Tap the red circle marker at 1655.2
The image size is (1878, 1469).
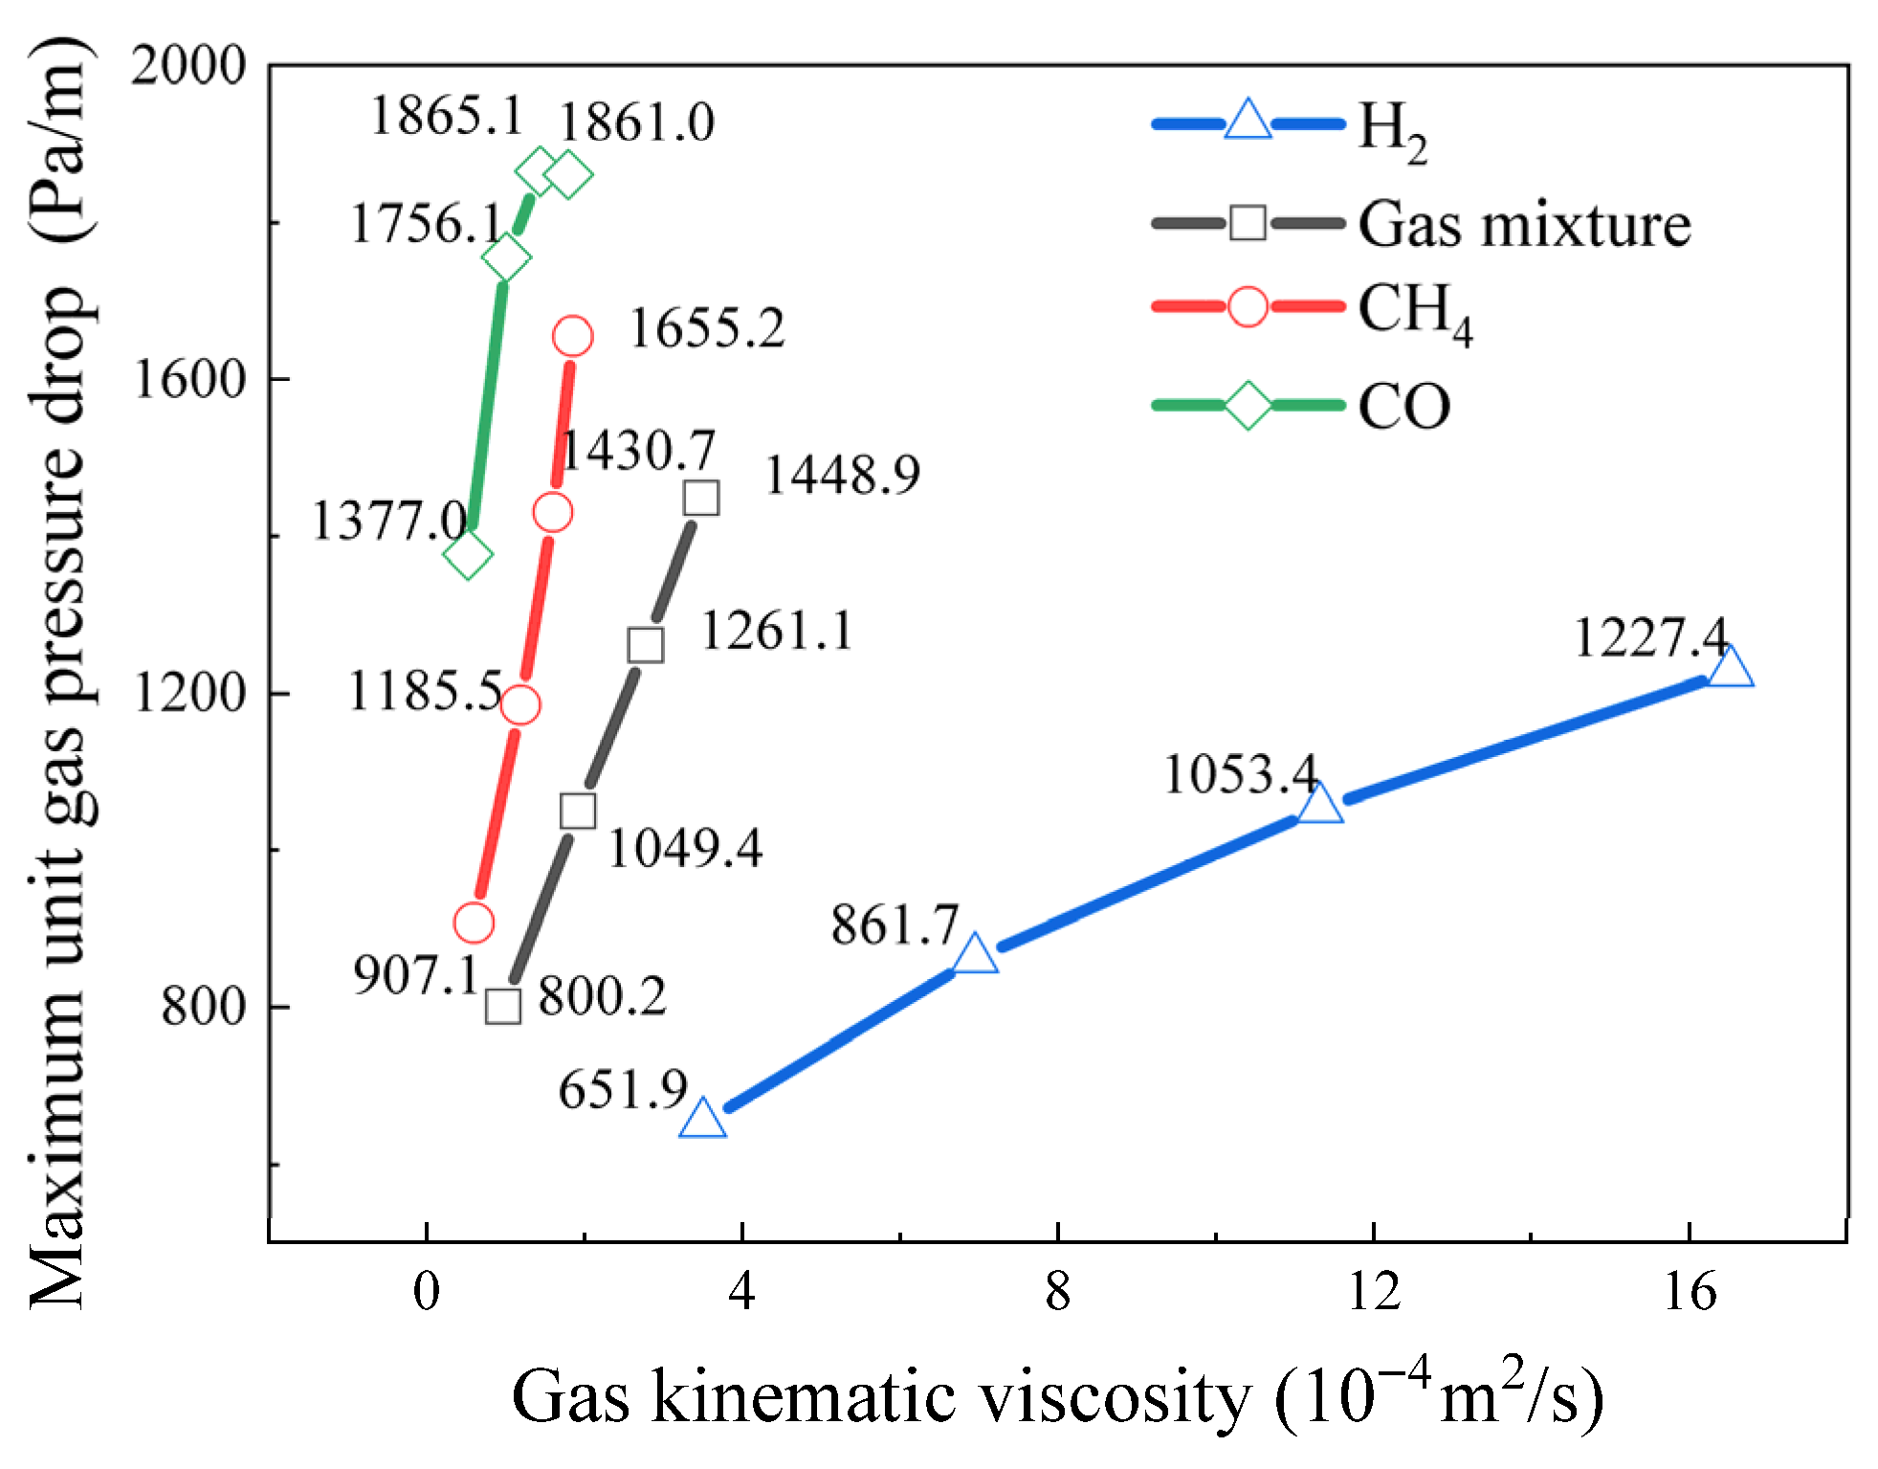(x=572, y=336)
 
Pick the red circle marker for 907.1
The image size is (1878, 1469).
(x=474, y=924)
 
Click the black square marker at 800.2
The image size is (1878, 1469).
(x=503, y=1007)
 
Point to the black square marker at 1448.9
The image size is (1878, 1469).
(x=701, y=498)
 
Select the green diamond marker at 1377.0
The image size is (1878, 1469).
(x=468, y=554)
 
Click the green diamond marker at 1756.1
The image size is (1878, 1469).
(x=506, y=257)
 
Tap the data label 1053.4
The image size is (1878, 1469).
(x=1240, y=774)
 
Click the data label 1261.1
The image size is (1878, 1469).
(x=776, y=632)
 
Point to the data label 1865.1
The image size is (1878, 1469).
(x=446, y=117)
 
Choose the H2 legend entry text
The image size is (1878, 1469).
(x=1392, y=130)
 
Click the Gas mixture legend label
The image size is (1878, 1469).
(x=1524, y=225)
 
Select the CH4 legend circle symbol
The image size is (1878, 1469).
(x=1248, y=307)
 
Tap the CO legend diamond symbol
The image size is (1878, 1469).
(x=1248, y=405)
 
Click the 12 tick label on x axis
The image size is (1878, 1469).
(x=1373, y=1293)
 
